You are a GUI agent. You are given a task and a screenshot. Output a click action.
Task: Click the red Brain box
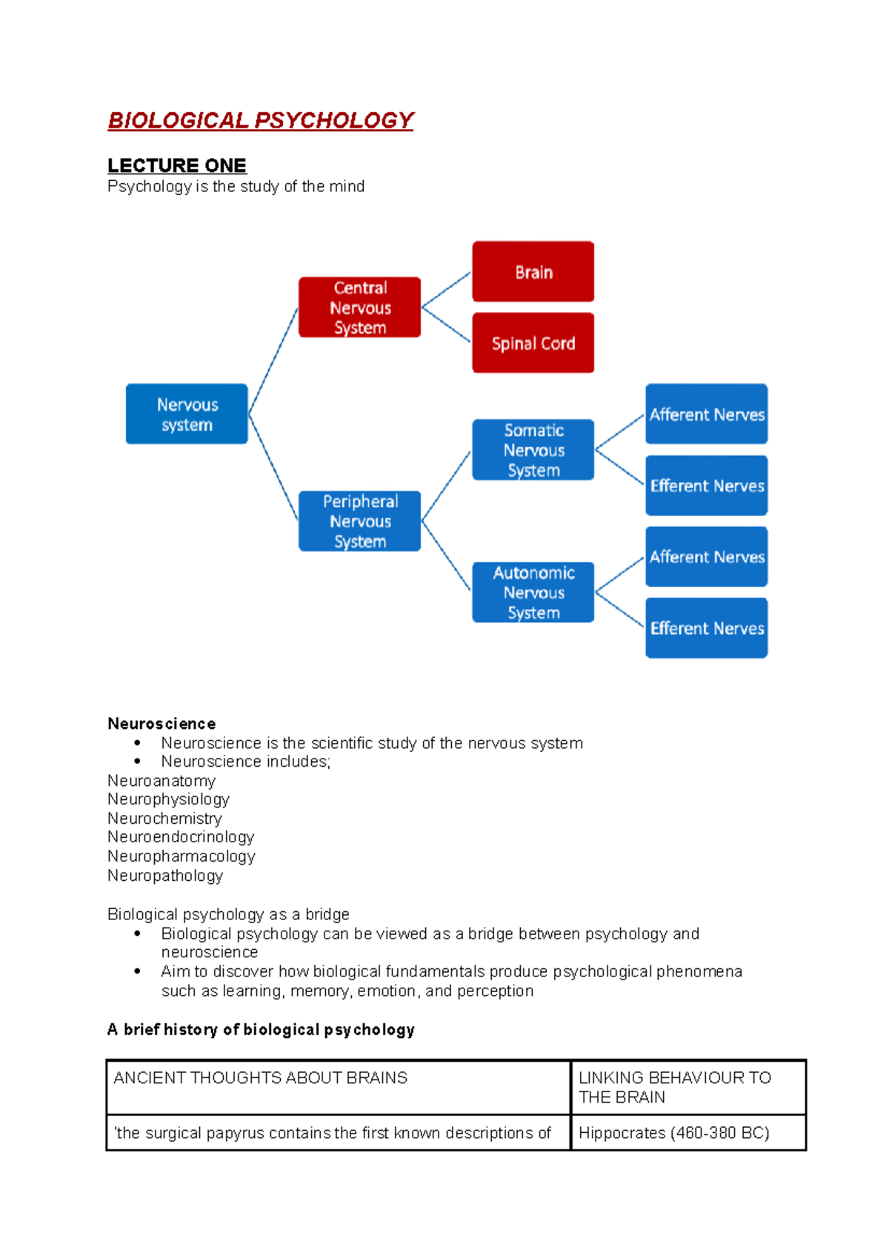pyautogui.click(x=533, y=271)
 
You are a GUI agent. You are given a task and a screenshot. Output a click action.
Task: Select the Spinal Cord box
pyautogui.click(x=533, y=343)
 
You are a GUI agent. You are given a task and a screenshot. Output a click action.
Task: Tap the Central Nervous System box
pyautogui.click(x=359, y=307)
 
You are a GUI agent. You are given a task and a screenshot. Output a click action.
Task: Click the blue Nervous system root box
pyautogui.click(x=187, y=414)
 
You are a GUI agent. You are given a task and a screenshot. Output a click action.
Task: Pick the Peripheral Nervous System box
pyautogui.click(x=359, y=521)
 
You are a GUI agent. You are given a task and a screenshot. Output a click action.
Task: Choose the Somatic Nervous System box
pyautogui.click(x=533, y=449)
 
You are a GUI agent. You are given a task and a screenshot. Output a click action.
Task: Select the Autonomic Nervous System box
pyautogui.click(x=533, y=592)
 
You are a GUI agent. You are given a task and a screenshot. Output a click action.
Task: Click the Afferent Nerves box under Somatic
pyautogui.click(x=706, y=414)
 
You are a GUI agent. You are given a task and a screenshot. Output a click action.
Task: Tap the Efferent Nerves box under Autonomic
pyautogui.click(x=706, y=627)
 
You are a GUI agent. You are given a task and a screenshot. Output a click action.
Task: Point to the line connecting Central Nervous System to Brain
pyautogui.click(x=446, y=289)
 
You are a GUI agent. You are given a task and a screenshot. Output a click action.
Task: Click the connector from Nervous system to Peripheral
pyautogui.click(x=273, y=467)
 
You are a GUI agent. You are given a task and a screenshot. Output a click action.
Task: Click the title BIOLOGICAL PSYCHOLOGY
pyautogui.click(x=260, y=120)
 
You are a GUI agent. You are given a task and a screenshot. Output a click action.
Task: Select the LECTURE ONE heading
pyautogui.click(x=176, y=165)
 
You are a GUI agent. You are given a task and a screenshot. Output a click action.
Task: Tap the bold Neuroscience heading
pyautogui.click(x=162, y=723)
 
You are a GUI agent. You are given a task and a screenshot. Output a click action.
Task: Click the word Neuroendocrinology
pyautogui.click(x=181, y=836)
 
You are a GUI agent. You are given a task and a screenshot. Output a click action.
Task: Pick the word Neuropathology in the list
pyautogui.click(x=164, y=875)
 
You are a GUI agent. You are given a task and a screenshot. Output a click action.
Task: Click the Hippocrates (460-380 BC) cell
pyautogui.click(x=673, y=1132)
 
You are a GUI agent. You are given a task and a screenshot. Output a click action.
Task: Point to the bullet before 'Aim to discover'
pyautogui.click(x=138, y=971)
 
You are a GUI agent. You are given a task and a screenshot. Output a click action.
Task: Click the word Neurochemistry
pyautogui.click(x=164, y=818)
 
